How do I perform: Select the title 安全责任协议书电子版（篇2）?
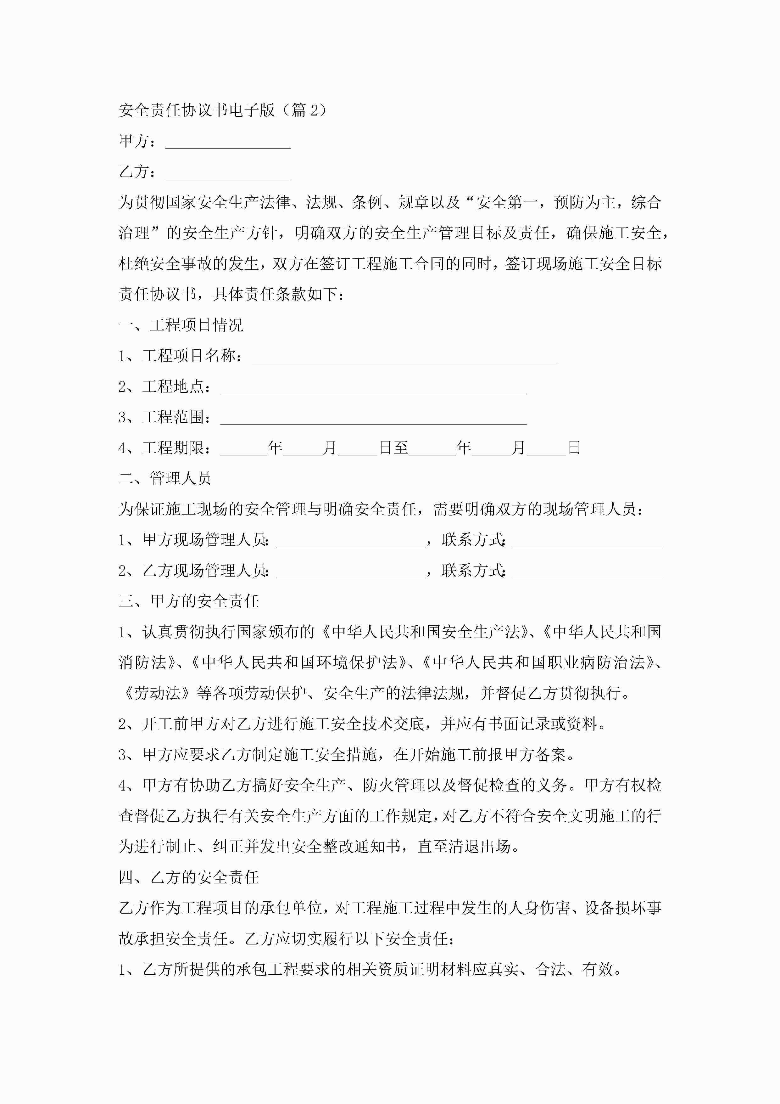click(222, 110)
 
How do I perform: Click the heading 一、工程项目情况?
click(181, 325)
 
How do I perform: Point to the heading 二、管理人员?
click(165, 478)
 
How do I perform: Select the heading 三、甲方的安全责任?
click(189, 601)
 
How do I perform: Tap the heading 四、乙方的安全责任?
click(189, 877)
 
